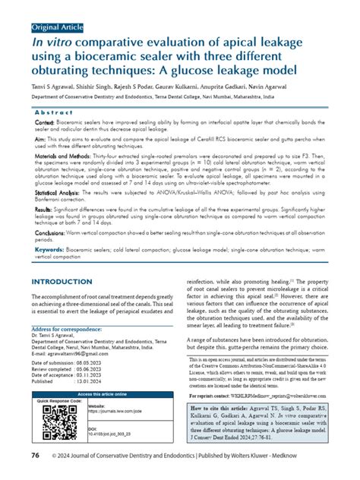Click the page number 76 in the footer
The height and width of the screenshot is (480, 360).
tap(36, 454)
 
